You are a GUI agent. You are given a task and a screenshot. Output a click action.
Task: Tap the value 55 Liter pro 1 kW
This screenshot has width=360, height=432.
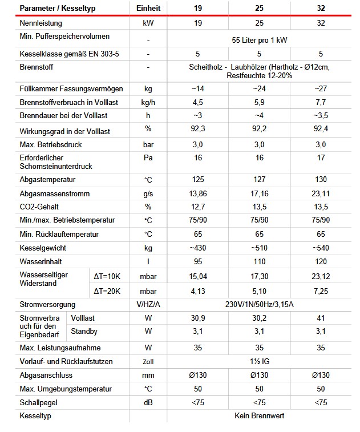tap(259, 41)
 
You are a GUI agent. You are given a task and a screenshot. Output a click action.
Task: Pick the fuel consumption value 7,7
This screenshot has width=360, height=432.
tap(321, 103)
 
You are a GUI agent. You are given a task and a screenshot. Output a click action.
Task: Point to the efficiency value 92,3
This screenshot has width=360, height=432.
tap(196, 131)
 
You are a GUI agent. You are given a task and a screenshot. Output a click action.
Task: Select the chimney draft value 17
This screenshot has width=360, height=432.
tap(321, 158)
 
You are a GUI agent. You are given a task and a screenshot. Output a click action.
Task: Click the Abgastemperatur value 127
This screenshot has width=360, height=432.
tap(259, 179)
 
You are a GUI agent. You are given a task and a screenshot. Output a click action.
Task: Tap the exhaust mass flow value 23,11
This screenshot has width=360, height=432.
tap(321, 193)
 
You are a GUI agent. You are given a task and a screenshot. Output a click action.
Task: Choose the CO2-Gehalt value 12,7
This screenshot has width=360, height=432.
tap(196, 207)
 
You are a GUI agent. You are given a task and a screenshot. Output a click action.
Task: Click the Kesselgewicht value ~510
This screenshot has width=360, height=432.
tap(259, 248)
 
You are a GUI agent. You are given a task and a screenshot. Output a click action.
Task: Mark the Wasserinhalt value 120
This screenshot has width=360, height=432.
tap(321, 263)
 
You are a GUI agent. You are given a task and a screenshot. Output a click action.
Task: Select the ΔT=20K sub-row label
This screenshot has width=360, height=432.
tap(107, 290)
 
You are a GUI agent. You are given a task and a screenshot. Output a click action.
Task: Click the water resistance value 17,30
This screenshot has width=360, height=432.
tap(259, 276)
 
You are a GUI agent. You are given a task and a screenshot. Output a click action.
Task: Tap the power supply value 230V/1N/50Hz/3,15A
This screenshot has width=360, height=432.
tap(259, 304)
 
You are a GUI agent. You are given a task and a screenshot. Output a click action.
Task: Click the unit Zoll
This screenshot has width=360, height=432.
tap(148, 362)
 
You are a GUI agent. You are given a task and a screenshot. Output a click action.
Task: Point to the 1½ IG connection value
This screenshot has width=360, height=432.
tap(259, 361)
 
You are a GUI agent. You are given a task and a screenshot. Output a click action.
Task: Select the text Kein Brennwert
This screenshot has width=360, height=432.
tap(259, 415)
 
